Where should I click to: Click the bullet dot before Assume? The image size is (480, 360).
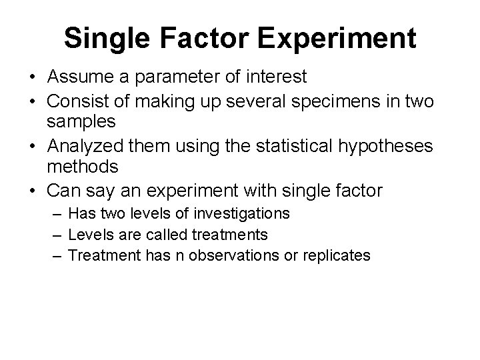coord(32,78)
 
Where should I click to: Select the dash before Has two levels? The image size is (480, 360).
coord(57,213)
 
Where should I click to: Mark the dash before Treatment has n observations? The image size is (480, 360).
coord(57,255)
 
